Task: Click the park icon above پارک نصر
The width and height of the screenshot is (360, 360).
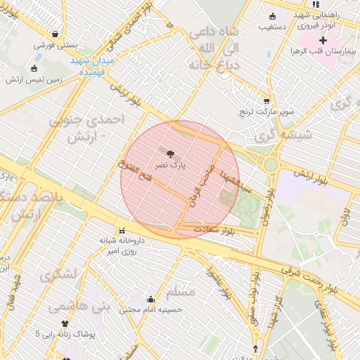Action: point(168,152)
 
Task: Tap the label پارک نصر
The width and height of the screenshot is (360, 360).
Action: point(172,165)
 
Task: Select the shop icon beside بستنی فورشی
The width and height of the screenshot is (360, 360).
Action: point(56,34)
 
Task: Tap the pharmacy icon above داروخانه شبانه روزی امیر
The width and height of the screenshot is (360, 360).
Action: point(122,230)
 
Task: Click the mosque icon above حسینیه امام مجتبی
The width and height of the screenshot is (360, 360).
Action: point(150,298)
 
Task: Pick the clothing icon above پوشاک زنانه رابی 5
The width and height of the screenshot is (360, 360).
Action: point(65,324)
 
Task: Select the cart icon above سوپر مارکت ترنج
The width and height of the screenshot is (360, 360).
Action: point(266,101)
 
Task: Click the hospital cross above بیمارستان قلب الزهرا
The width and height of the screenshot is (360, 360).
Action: point(323,40)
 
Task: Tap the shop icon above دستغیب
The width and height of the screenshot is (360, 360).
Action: point(273,16)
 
